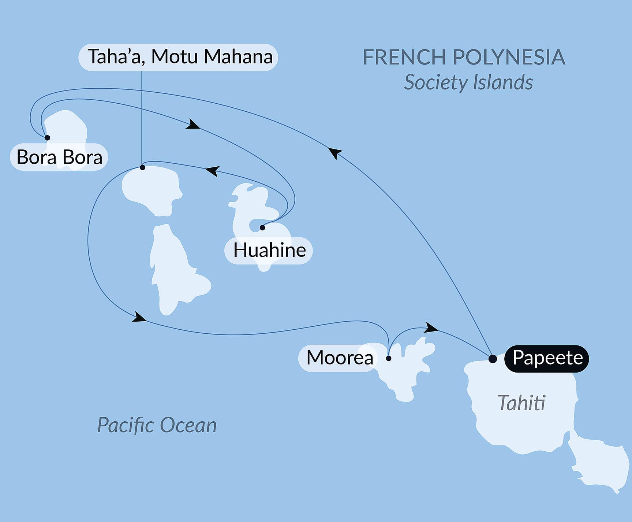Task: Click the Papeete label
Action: [547, 358]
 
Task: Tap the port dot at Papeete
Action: [493, 359]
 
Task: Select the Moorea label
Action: [339, 358]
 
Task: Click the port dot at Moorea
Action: [389, 358]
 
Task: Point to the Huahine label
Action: [269, 251]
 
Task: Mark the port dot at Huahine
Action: [262, 228]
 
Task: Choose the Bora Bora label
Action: [59, 157]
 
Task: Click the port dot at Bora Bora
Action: [47, 138]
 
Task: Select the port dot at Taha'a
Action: [143, 167]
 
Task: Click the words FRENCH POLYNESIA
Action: [464, 57]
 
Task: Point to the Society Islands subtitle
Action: [468, 82]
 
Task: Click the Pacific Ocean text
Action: [157, 425]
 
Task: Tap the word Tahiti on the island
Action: [521, 403]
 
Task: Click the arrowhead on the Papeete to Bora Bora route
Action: [334, 152]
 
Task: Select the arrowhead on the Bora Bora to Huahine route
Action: [193, 125]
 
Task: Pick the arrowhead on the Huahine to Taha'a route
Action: [213, 170]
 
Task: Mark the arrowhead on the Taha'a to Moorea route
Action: [139, 317]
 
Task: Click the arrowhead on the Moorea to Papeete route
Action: [431, 327]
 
